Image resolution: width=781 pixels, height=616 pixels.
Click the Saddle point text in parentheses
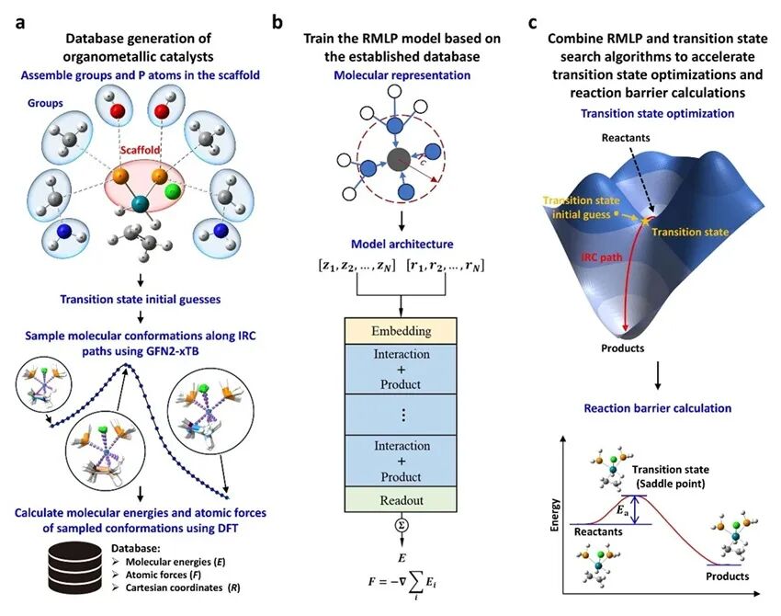(x=694, y=486)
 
